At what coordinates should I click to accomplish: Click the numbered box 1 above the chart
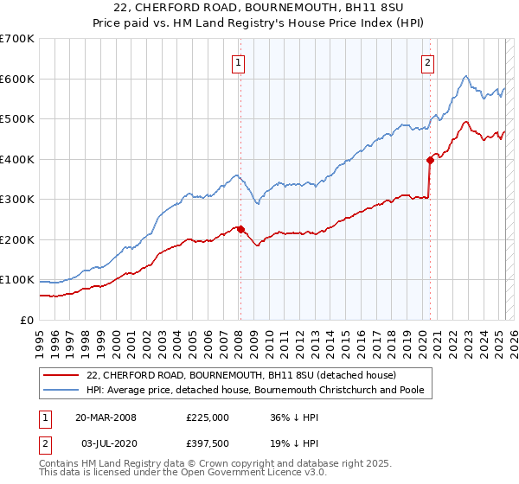coord(237,61)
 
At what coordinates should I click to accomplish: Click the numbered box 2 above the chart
coord(427,61)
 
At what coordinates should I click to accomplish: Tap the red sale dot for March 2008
coord(240,229)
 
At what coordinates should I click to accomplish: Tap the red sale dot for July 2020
coord(430,160)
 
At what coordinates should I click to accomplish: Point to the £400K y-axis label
coord(17,159)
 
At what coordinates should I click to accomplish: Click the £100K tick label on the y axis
coord(17,280)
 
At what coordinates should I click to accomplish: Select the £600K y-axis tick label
coord(17,79)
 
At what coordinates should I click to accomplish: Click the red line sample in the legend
coord(60,375)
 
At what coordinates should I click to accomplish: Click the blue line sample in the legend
coord(60,390)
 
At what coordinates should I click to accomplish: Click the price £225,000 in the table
coord(206,417)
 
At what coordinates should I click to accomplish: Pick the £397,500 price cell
coord(206,443)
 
